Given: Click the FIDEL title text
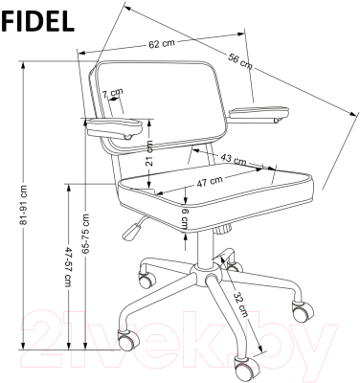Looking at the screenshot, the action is [37, 21].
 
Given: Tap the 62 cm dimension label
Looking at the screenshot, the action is [162, 44].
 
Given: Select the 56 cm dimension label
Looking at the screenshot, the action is [240, 61].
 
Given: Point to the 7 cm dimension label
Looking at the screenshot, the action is [112, 93].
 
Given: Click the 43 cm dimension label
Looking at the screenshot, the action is [234, 159].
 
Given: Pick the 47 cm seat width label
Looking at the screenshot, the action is [210, 182].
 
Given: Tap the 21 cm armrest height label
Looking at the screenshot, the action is [149, 153].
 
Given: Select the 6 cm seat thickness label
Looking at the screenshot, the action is [185, 219].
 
